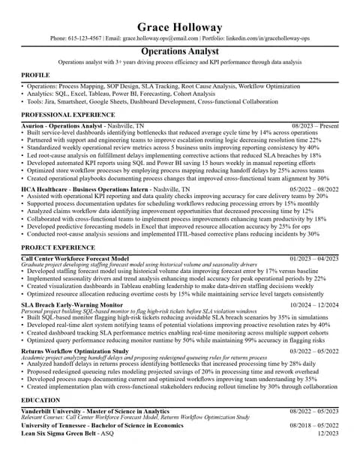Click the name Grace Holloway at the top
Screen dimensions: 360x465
[180, 28]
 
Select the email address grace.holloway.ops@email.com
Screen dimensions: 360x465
[161, 37]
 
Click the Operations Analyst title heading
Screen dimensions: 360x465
[180, 51]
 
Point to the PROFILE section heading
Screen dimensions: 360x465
[35, 76]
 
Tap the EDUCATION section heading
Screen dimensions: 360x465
[40, 400]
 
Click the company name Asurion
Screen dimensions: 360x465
[34, 125]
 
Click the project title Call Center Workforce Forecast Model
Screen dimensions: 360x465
[75, 258]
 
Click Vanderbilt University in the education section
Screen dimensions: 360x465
[53, 411]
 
